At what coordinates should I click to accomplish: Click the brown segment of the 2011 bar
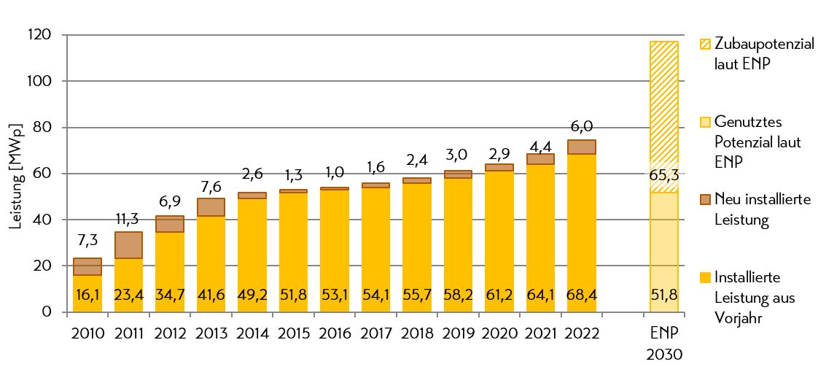128,245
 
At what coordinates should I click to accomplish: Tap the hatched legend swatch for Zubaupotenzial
704,45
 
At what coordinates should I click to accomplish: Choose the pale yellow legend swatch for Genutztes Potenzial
704,122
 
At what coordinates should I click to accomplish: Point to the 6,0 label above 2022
581,125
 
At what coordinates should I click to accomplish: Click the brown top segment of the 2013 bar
211,207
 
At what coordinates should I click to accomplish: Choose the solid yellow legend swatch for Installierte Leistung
704,278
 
